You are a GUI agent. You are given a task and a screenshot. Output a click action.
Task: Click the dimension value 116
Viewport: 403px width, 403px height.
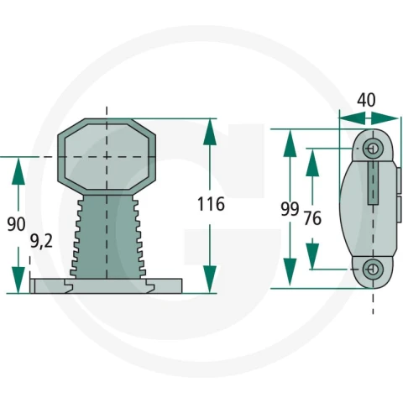211,204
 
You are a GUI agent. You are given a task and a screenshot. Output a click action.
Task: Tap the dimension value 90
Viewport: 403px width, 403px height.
16,224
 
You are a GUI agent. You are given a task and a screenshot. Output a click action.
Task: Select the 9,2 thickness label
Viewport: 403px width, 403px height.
41,241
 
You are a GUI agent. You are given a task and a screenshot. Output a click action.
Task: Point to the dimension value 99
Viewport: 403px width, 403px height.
290,209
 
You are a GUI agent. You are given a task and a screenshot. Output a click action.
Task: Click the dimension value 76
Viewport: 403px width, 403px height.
312,218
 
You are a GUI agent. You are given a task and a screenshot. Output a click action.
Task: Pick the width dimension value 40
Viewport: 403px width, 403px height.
366,100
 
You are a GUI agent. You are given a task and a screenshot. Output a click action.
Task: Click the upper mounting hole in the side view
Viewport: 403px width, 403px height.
373,149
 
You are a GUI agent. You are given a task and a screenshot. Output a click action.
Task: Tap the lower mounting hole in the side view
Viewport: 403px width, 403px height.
373,270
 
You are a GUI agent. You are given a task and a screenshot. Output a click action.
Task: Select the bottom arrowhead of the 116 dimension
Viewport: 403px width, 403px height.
210,280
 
